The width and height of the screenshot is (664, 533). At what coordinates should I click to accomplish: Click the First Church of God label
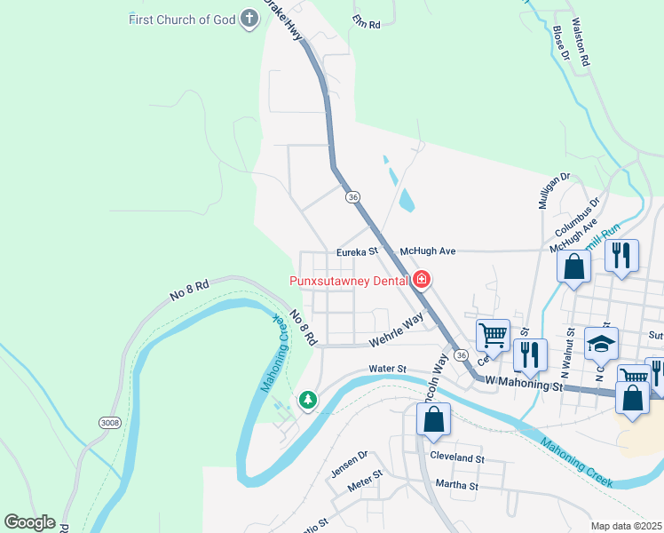(x=181, y=19)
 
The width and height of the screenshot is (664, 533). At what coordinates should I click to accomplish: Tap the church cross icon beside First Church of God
(x=249, y=19)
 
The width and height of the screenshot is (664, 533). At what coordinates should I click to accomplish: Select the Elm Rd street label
(x=366, y=22)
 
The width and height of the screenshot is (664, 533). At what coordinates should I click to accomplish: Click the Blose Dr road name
(x=559, y=43)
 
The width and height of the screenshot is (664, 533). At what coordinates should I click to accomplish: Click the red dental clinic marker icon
(x=422, y=281)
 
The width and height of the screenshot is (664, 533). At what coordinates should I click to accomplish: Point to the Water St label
(x=387, y=369)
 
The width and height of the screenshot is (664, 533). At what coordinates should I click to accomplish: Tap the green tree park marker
(x=308, y=401)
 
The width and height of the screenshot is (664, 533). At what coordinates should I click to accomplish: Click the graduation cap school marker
(x=601, y=343)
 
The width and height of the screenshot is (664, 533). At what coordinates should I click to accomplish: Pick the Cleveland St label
(x=456, y=459)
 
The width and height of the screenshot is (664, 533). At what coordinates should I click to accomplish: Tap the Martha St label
(x=456, y=486)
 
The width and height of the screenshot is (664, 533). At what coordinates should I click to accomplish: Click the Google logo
(x=29, y=522)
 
